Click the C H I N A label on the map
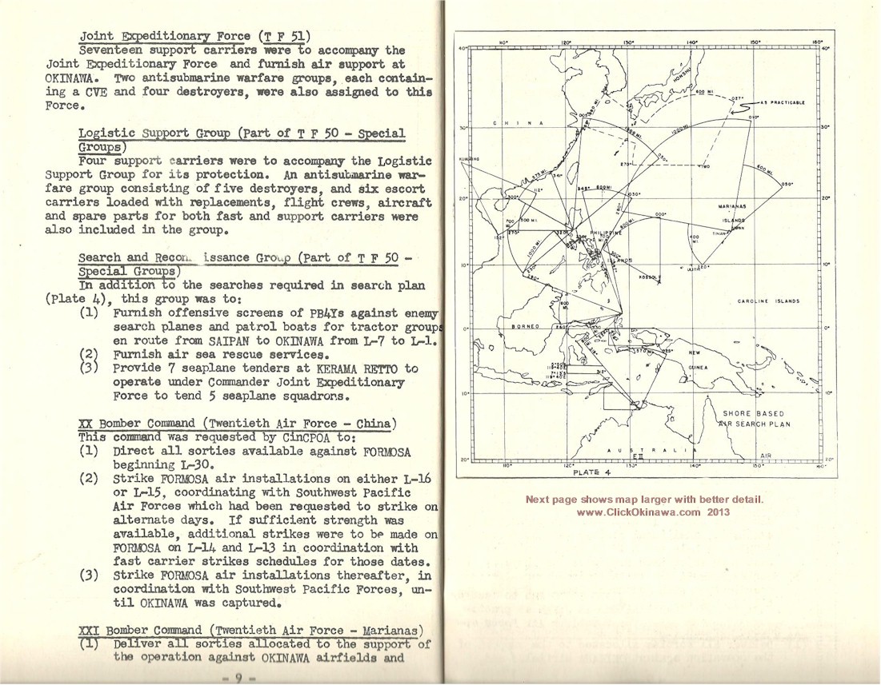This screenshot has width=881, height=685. (x=519, y=123)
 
